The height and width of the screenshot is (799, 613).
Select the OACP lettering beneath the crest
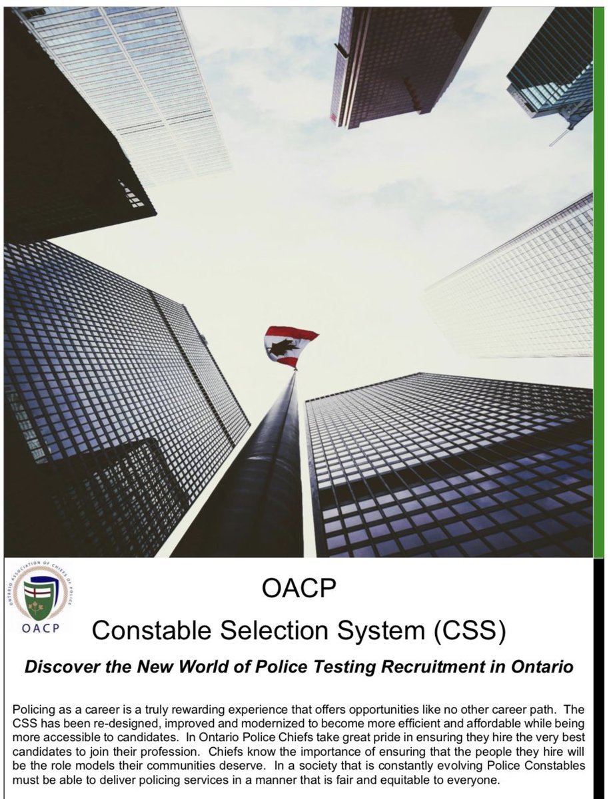pyautogui.click(x=44, y=629)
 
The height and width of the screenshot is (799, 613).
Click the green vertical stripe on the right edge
pyautogui.click(x=598, y=280)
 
